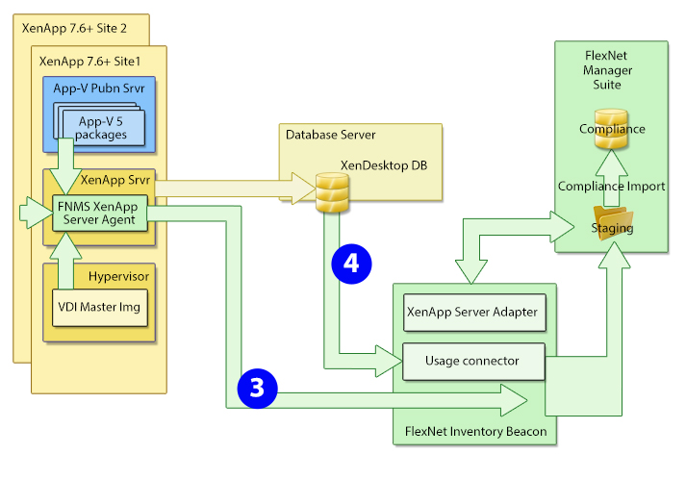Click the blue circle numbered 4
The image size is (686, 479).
point(351,264)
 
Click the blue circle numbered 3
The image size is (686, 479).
point(255,387)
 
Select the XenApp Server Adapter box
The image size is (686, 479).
point(471,312)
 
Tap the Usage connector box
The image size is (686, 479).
point(471,361)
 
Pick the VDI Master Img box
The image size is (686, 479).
point(99,310)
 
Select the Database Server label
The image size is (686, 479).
point(330,134)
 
